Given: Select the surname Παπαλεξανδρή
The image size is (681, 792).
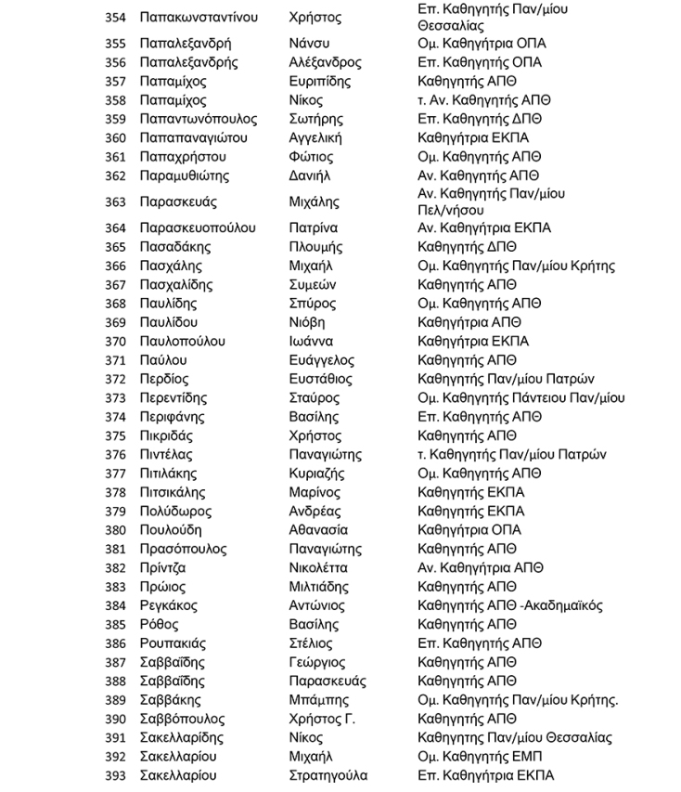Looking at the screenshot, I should pyautogui.click(x=186, y=44).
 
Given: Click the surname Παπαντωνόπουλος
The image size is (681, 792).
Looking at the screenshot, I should pyautogui.click(x=199, y=119).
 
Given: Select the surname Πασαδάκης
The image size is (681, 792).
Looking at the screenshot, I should pyautogui.click(x=175, y=247).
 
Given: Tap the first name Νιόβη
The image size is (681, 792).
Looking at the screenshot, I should pyautogui.click(x=306, y=322).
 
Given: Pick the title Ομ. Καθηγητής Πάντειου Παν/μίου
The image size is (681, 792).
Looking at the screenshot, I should pyautogui.click(x=521, y=398).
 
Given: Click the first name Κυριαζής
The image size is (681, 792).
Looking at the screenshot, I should pyautogui.click(x=315, y=474).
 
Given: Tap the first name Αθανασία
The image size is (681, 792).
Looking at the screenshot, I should pyautogui.click(x=318, y=530).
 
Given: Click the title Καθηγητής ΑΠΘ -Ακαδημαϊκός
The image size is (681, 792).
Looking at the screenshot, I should pyautogui.click(x=510, y=605).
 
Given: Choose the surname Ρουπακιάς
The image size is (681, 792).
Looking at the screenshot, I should pyautogui.click(x=173, y=643).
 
